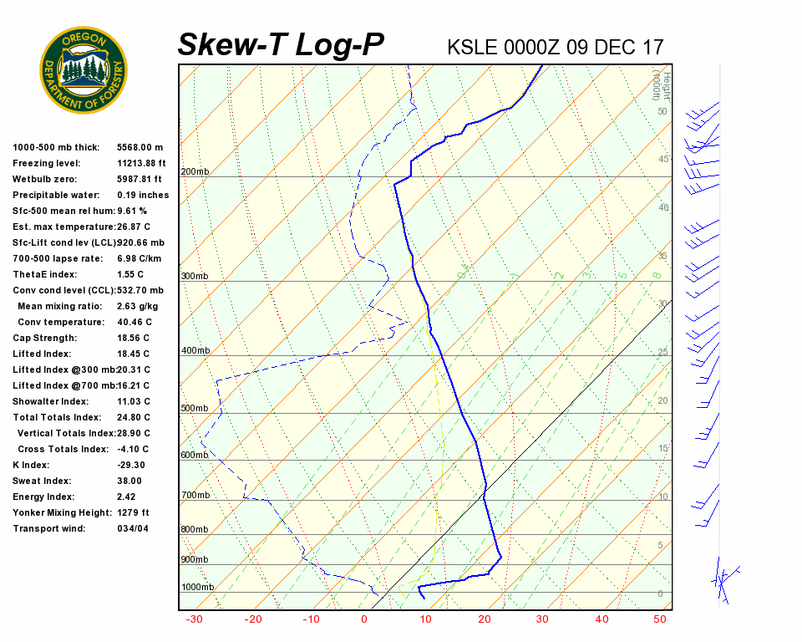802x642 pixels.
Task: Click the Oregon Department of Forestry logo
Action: [84, 69]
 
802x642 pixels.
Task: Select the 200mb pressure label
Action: [195, 172]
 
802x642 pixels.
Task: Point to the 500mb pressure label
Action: [195, 409]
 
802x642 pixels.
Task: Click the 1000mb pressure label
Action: [197, 587]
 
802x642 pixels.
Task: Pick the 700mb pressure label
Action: [195, 496]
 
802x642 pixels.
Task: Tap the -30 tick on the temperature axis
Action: [194, 619]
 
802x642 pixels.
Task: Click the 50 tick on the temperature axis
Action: [659, 619]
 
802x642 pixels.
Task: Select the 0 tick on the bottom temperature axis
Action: [364, 619]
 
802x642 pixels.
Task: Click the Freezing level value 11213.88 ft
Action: [141, 163]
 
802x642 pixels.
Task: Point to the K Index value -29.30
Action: [131, 465]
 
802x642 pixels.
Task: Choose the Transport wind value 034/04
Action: [133, 528]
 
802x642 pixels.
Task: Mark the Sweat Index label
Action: [43, 481]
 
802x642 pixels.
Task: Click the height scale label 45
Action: [663, 159]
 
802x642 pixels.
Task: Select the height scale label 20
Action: [663, 400]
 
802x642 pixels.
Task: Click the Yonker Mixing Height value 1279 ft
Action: [133, 512]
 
